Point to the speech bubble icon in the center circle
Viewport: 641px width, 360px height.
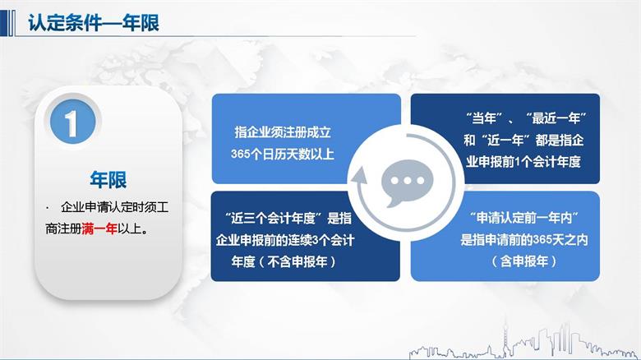click(401, 182)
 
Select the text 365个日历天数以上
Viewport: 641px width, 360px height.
click(283, 153)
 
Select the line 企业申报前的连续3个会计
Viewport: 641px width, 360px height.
click(284, 240)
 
